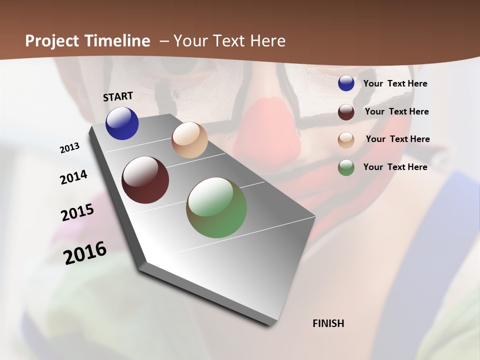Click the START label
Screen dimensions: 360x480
[x=118, y=96]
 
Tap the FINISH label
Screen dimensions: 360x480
[x=328, y=323]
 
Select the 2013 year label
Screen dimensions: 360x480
[x=70, y=148]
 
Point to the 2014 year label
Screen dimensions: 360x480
[x=74, y=177]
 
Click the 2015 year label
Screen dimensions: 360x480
[x=77, y=212]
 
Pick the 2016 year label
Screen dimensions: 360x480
[x=85, y=253]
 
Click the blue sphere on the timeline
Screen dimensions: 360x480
[x=122, y=123]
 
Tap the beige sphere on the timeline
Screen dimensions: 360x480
[x=189, y=140]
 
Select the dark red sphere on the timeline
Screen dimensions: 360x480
[x=145, y=180]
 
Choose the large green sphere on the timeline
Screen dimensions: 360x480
[x=216, y=207]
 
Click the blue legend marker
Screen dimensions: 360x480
[x=346, y=83]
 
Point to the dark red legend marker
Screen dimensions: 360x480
[x=346, y=112]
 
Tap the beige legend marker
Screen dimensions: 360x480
[x=346, y=140]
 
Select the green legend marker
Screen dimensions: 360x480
[x=346, y=167]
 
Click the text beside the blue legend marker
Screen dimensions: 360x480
[x=395, y=84]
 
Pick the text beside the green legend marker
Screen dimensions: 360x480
[x=395, y=167]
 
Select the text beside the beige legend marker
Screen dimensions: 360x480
[x=397, y=139]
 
